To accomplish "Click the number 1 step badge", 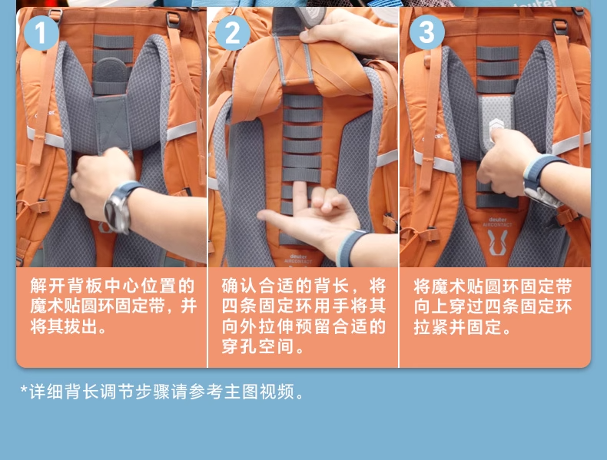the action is coord(41,32).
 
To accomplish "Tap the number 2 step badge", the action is coord(232,32).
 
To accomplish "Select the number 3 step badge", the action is coord(426,31).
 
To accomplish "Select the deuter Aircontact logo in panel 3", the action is coord(497,237).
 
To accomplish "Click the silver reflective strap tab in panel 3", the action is coord(496,123).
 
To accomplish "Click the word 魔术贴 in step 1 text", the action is coord(55,306).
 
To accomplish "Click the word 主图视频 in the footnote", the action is coord(259,392).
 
